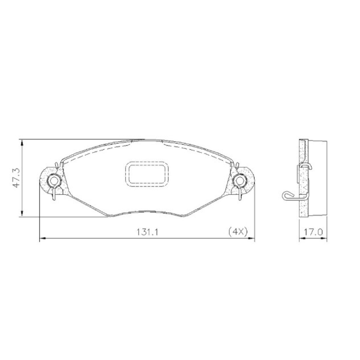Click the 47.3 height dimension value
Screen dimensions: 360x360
point(17,178)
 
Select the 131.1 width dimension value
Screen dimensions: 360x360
point(148,232)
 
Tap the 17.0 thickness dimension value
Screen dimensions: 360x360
point(313,232)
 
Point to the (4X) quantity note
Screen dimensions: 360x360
point(238,232)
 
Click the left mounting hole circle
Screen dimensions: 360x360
point(50,181)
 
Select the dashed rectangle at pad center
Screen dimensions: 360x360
point(126,174)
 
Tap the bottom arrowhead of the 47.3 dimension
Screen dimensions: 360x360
point(22,213)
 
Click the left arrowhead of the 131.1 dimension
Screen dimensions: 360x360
point(43,239)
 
